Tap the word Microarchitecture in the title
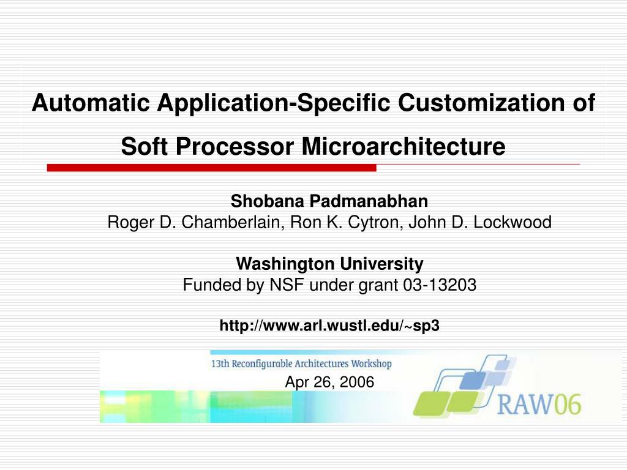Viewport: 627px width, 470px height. click(404, 147)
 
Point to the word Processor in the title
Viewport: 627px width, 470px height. click(236, 147)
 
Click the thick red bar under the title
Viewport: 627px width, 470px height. click(211, 168)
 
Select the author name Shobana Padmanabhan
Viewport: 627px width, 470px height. click(329, 201)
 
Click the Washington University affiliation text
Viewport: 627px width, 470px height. click(329, 264)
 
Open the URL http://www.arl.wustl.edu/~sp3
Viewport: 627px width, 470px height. click(329, 326)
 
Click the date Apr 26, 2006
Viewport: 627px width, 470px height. click(329, 382)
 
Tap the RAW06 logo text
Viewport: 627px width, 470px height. click(539, 404)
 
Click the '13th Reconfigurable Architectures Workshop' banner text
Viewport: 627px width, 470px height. click(301, 364)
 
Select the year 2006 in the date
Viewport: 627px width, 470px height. click(358, 382)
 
